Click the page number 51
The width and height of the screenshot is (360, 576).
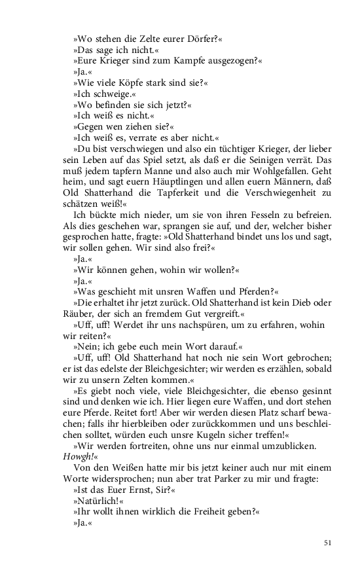tap(328, 543)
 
